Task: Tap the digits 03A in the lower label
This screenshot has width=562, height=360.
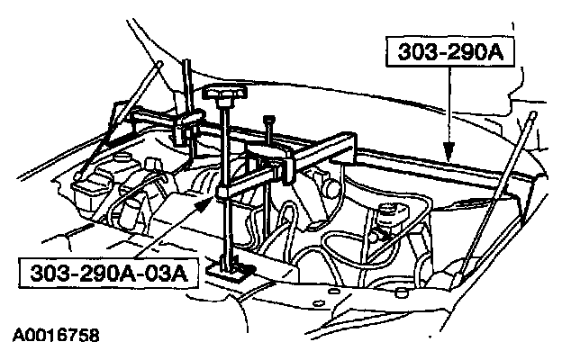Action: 167,271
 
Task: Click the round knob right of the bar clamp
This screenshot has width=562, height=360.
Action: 331,191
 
